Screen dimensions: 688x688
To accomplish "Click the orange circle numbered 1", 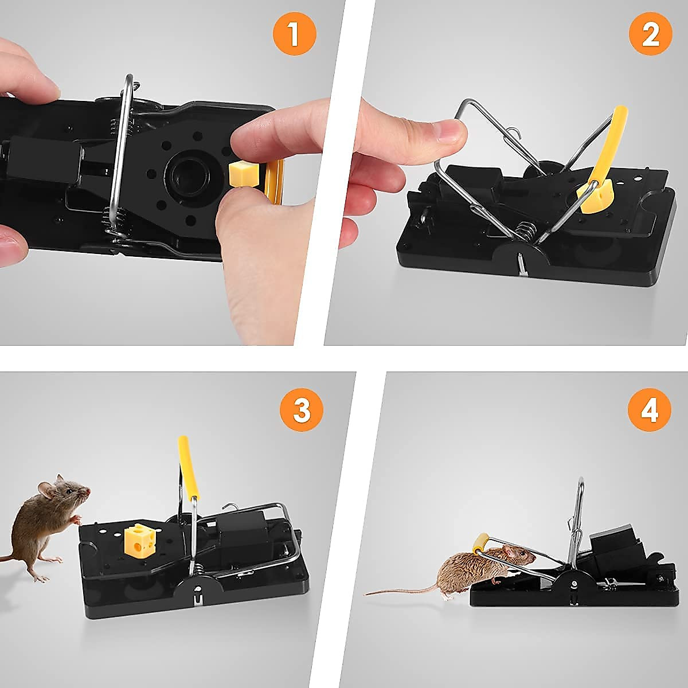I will (x=294, y=34).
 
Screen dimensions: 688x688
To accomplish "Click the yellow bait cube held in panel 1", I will (x=241, y=173).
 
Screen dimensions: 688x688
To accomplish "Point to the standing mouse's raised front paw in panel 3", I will (x=75, y=520).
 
